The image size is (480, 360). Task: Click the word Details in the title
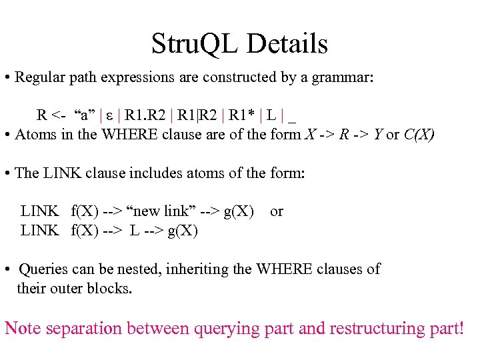click(x=287, y=44)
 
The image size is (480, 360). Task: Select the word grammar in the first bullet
click(x=345, y=77)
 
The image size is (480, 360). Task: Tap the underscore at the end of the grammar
click(x=292, y=116)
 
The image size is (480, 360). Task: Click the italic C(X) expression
click(x=419, y=135)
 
